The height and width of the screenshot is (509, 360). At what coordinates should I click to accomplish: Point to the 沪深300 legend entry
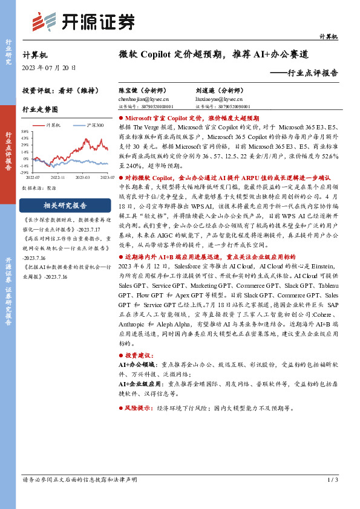[91, 125]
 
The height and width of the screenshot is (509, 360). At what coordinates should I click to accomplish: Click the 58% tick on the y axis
[25, 131]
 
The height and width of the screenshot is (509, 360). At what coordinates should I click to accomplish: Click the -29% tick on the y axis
[25, 172]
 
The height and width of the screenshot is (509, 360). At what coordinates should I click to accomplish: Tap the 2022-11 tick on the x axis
[58, 177]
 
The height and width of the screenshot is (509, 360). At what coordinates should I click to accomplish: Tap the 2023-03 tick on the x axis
[83, 177]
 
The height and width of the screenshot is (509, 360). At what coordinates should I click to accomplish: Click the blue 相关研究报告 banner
[65, 204]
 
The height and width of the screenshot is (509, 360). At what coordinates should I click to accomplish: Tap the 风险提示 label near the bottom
[139, 409]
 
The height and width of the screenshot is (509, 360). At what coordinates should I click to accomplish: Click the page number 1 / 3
[332, 480]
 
